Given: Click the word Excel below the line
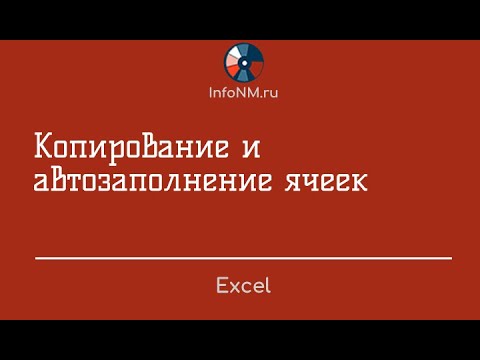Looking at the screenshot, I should [243, 286].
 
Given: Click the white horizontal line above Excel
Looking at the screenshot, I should [243, 258].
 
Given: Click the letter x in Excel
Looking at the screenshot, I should [234, 286].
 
